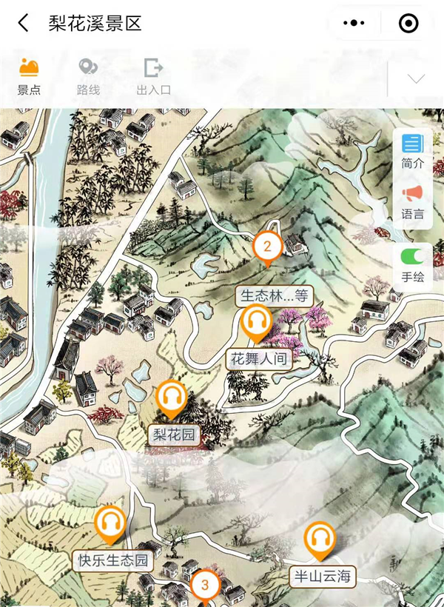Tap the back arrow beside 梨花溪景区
(x=24, y=23)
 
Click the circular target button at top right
(x=408, y=23)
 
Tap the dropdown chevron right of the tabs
(x=416, y=78)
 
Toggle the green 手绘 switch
(x=412, y=257)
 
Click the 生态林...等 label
(x=274, y=296)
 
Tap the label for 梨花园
(x=174, y=435)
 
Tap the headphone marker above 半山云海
(x=320, y=539)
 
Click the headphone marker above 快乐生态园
(x=111, y=523)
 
